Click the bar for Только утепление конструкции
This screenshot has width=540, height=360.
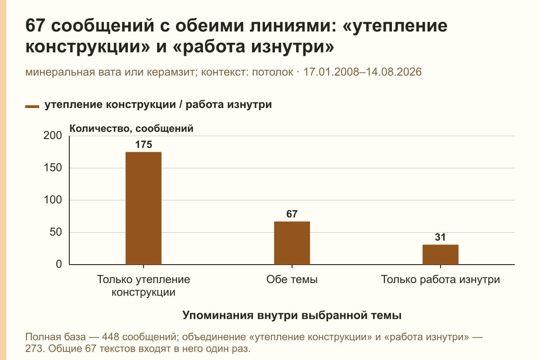(144, 208)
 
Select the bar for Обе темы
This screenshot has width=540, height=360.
(292, 243)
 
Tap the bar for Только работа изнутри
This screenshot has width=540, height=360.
(441, 255)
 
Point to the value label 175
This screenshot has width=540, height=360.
(144, 145)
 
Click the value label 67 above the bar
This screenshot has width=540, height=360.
(292, 214)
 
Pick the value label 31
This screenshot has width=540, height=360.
(440, 237)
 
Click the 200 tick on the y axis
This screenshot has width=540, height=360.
(53, 136)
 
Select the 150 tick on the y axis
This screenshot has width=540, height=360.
(53, 168)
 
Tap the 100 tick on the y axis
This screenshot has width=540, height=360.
(53, 200)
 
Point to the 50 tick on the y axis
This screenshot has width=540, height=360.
(56, 233)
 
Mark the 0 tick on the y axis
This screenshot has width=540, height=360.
(59, 265)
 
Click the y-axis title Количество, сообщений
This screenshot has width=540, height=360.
(131, 129)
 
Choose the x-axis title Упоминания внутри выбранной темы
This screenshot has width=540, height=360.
(292, 315)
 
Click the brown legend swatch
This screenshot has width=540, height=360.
(32, 107)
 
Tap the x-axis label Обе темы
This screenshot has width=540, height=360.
(292, 280)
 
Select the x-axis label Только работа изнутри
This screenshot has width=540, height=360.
(441, 280)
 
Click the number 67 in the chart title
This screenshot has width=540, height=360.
(35, 26)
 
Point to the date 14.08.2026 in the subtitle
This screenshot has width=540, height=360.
(394, 72)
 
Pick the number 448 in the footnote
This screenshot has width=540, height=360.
(110, 337)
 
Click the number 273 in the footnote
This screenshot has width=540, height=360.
(34, 349)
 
